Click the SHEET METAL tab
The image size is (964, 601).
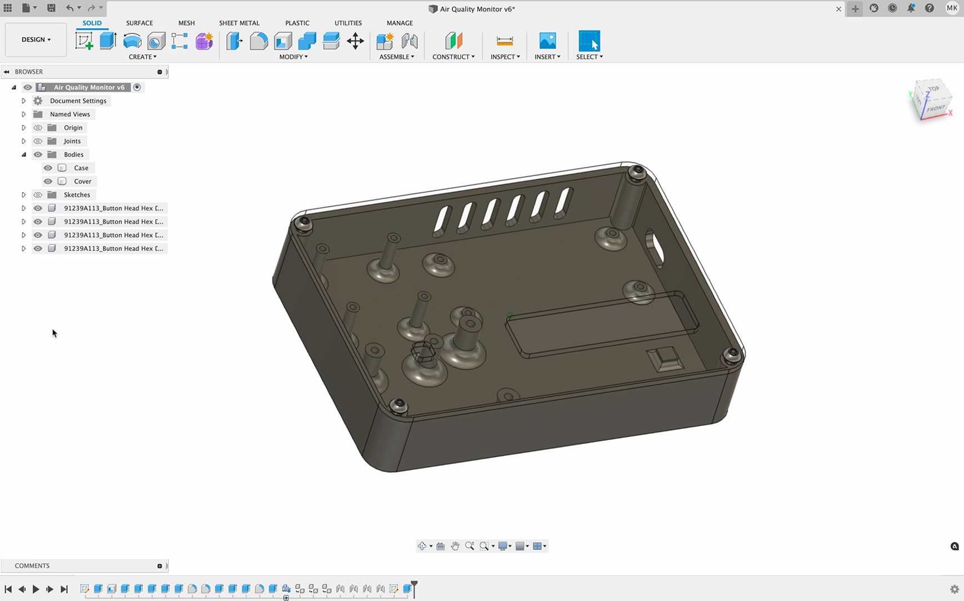[x=239, y=23]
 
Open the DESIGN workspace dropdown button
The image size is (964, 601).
[x=36, y=39]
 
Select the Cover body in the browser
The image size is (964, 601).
[x=82, y=181]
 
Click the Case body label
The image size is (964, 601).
[x=81, y=168]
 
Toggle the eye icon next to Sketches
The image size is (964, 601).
[x=38, y=195]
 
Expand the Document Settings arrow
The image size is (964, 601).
[x=24, y=101]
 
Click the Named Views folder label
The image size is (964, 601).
[x=69, y=114]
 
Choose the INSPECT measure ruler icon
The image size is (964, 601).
[x=505, y=41]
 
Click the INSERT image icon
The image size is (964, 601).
[x=547, y=41]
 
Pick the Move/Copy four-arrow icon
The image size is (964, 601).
[x=355, y=41]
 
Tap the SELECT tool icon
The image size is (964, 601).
[x=589, y=41]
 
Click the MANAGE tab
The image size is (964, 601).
[x=399, y=23]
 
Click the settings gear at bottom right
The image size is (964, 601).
[x=955, y=589]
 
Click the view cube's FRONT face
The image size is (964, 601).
[x=936, y=108]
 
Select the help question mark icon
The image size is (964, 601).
[x=929, y=8]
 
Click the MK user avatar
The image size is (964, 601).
[x=952, y=8]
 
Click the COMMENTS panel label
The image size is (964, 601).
[x=32, y=565]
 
